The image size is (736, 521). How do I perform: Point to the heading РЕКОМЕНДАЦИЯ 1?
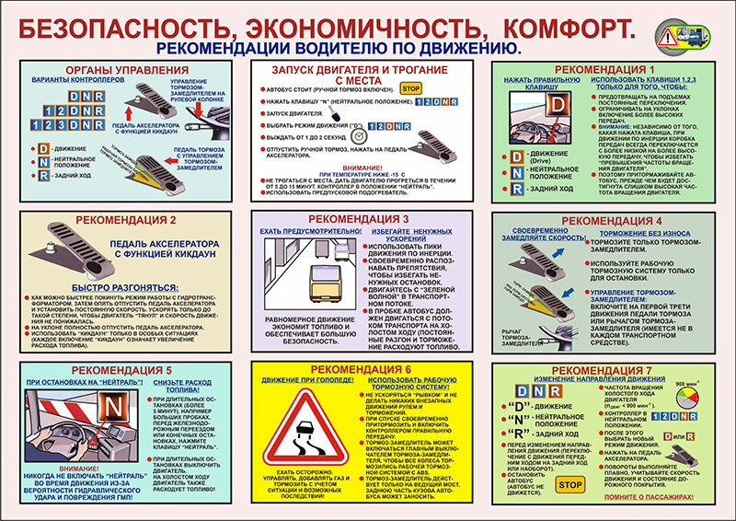pyautogui.click(x=612, y=70)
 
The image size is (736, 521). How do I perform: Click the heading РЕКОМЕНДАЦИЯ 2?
pyautogui.click(x=126, y=221)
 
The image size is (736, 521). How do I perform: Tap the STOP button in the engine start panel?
pyautogui.click(x=411, y=89)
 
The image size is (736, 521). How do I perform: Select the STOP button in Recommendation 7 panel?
pyautogui.click(x=571, y=484)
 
